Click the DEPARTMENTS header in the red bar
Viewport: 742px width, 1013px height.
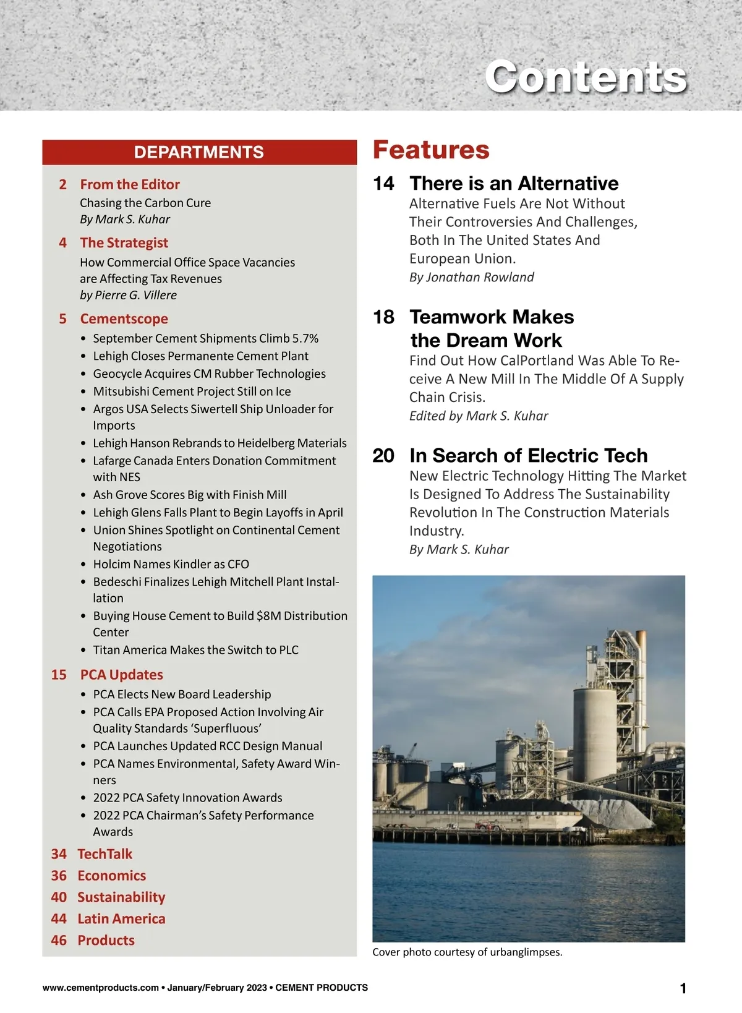click(199, 152)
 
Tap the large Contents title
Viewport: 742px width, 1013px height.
click(585, 77)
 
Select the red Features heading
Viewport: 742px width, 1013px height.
click(431, 150)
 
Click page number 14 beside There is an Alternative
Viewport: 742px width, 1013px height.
click(383, 183)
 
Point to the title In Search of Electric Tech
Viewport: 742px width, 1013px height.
click(528, 455)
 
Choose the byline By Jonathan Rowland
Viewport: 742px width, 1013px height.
click(471, 277)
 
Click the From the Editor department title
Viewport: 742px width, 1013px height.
click(130, 184)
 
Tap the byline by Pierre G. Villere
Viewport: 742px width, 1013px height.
click(128, 295)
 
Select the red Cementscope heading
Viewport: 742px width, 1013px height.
click(124, 318)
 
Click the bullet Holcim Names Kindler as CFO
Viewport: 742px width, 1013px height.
click(171, 564)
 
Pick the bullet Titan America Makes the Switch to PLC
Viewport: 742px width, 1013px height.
click(195, 650)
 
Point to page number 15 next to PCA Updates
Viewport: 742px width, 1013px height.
click(59, 675)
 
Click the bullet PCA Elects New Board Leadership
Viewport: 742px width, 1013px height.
click(182, 695)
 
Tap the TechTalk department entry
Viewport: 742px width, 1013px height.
click(104, 854)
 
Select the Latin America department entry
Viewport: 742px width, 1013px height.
click(121, 919)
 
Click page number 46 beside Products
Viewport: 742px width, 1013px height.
click(59, 941)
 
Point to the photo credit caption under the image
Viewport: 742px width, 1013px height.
click(467, 952)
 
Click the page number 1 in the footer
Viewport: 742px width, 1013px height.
click(683, 989)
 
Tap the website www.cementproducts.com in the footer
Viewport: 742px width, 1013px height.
click(101, 988)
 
